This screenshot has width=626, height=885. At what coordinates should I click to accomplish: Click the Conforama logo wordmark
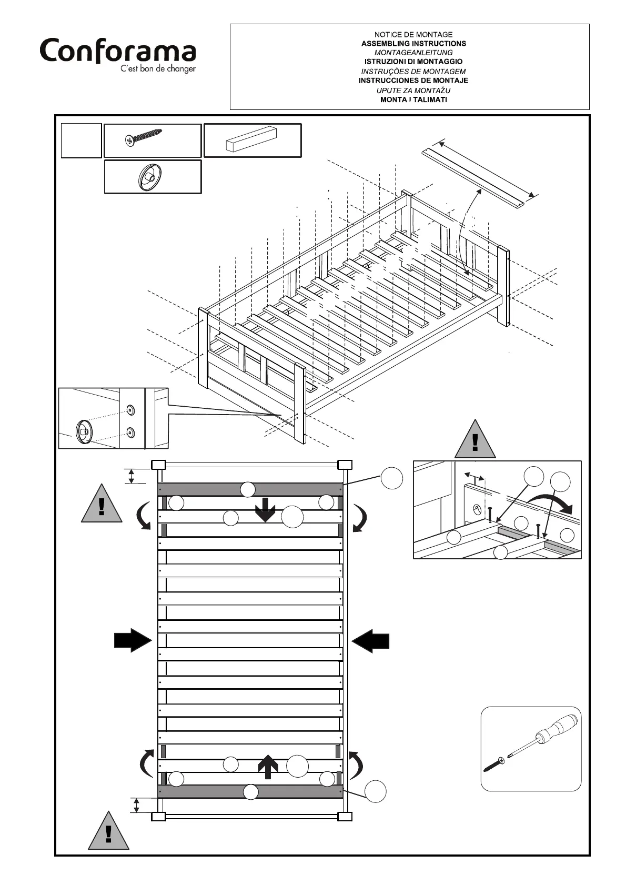(118, 52)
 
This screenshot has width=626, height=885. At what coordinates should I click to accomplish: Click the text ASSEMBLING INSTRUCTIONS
(413, 44)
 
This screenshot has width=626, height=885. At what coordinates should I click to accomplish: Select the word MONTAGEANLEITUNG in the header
(413, 53)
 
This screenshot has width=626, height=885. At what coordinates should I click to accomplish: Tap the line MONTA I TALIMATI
(413, 99)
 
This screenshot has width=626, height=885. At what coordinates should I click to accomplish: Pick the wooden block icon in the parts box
(251, 139)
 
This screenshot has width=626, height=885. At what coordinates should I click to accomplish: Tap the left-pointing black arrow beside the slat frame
(370, 641)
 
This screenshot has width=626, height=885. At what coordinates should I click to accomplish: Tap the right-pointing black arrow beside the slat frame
(133, 641)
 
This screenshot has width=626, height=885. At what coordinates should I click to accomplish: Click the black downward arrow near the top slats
(265, 510)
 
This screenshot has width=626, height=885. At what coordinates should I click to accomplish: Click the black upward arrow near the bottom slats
(268, 767)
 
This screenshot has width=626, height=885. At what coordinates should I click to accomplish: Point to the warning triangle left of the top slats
(102, 505)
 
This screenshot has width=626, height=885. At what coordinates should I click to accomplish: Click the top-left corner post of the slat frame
(158, 465)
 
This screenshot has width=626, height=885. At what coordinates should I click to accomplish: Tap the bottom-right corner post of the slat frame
(345, 816)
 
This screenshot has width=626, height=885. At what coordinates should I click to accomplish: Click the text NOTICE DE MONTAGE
(413, 35)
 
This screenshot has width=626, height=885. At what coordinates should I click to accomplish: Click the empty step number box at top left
(81, 140)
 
